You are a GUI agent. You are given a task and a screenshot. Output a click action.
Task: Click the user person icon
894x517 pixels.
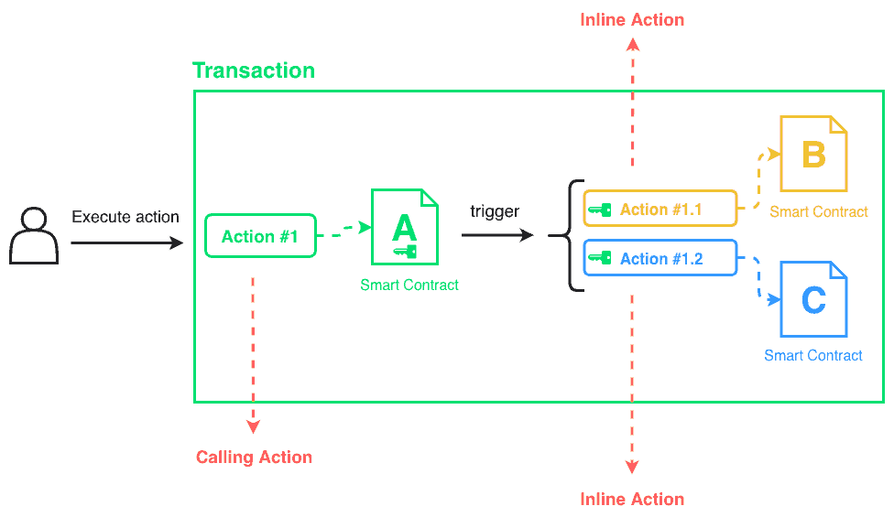[x=34, y=236]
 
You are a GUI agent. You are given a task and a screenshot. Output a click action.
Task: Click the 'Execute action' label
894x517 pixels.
[x=125, y=217]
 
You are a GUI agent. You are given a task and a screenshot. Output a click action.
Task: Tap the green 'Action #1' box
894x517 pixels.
[x=260, y=236]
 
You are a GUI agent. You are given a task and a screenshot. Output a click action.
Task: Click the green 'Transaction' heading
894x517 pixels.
[x=254, y=70]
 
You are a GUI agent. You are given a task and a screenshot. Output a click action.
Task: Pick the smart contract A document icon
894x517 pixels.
[x=404, y=227]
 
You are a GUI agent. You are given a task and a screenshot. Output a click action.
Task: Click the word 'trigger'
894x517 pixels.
[x=495, y=211]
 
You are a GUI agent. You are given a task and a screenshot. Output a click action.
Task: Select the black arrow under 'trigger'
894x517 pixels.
[x=496, y=235]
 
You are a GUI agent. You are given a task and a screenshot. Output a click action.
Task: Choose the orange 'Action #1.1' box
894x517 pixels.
[x=660, y=210]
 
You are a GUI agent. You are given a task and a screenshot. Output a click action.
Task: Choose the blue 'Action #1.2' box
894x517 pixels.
[x=660, y=258]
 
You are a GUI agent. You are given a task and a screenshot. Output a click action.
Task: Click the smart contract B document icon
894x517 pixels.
[x=812, y=154]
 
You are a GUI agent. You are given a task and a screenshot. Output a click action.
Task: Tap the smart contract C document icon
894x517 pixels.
[x=813, y=299]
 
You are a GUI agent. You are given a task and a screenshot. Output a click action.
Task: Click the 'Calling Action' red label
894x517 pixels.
[x=254, y=457]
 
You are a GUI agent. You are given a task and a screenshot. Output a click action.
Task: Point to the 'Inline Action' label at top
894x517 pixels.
[x=632, y=19]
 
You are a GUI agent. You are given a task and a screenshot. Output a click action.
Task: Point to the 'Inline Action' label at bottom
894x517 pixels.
[x=632, y=499]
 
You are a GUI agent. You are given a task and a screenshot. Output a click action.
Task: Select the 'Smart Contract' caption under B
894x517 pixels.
[x=818, y=211]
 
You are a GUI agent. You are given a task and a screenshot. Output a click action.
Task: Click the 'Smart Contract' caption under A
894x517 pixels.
[x=409, y=285]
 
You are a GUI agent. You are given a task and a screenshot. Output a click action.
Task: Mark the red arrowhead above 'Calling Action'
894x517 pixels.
[x=254, y=425]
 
